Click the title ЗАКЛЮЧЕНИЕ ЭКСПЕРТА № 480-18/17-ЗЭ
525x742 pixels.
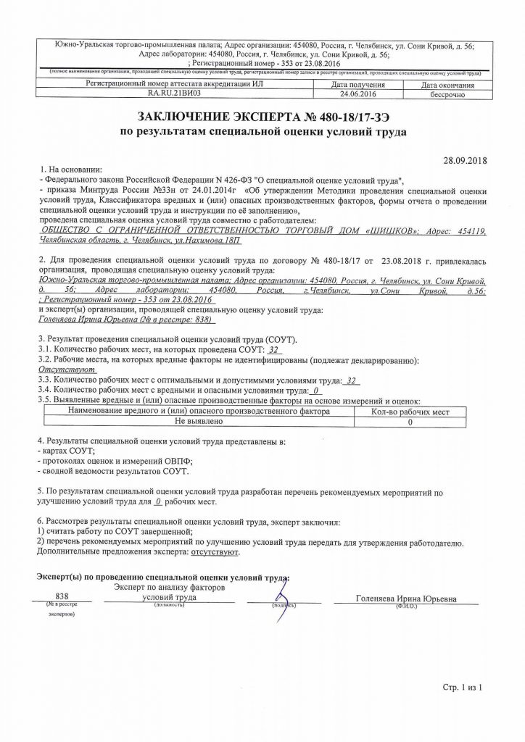point(262,118)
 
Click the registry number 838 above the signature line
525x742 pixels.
point(61,597)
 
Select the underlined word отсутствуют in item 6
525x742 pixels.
point(215,551)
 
